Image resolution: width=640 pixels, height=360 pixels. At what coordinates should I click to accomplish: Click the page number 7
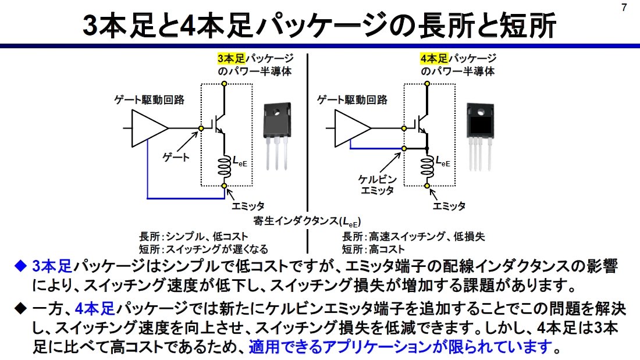click(x=624, y=8)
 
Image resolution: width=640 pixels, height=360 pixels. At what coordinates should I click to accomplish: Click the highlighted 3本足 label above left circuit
click(x=231, y=58)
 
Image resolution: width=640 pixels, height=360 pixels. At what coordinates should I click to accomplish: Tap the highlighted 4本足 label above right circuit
click(x=434, y=58)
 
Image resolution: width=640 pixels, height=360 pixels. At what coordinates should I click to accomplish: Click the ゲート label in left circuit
click(x=176, y=158)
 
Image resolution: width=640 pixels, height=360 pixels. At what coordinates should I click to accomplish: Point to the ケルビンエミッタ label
click(x=378, y=185)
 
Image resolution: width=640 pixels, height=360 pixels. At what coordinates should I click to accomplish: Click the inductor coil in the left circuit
click(x=224, y=167)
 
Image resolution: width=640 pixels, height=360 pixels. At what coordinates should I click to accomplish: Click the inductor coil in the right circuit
click(x=427, y=167)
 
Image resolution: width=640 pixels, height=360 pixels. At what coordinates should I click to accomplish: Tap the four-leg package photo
click(x=480, y=137)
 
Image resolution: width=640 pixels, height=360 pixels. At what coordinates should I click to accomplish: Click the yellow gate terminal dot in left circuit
click(x=201, y=129)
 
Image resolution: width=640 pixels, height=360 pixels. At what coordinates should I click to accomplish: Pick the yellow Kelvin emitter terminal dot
click(x=404, y=148)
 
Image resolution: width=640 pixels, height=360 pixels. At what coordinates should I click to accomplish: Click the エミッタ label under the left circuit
click(x=248, y=206)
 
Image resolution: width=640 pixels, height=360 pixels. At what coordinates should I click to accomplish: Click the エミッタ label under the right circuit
click(x=449, y=206)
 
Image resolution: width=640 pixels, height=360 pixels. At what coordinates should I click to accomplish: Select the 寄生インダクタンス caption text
click(x=307, y=221)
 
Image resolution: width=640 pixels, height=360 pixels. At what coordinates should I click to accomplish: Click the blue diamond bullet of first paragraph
click(x=20, y=266)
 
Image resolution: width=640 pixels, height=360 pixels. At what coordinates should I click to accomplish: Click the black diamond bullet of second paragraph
click(x=20, y=309)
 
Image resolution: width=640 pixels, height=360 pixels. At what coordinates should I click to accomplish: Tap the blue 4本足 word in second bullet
click(x=95, y=309)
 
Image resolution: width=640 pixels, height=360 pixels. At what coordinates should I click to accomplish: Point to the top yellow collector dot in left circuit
click(x=224, y=84)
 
